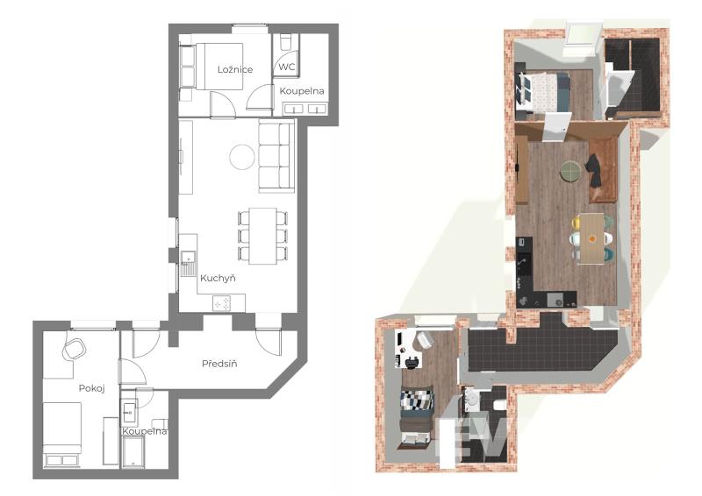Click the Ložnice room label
(x=235, y=70)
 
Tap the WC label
(x=287, y=67)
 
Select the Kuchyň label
(x=218, y=278)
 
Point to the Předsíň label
(x=219, y=364)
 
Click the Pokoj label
(x=92, y=388)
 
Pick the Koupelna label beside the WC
(x=302, y=91)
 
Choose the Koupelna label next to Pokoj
(x=145, y=432)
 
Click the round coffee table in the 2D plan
(x=242, y=157)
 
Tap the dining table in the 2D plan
(x=262, y=236)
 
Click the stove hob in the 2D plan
(x=222, y=304)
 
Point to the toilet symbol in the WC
(x=285, y=44)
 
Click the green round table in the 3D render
(x=571, y=171)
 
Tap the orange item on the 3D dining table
(x=592, y=238)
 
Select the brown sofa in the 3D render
(x=603, y=170)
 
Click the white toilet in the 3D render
(x=499, y=405)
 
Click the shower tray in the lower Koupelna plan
(x=133, y=451)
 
